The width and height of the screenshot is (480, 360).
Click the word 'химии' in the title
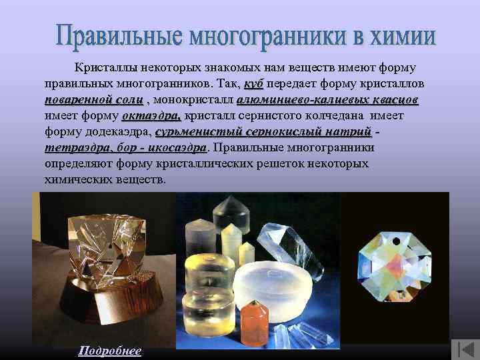coord(401,37)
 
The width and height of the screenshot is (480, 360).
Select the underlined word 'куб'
coord(254,85)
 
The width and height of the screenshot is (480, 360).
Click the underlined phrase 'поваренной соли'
coord(93,100)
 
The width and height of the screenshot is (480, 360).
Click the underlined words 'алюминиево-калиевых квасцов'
coord(327,100)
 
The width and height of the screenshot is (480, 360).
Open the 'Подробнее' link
coord(110,351)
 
